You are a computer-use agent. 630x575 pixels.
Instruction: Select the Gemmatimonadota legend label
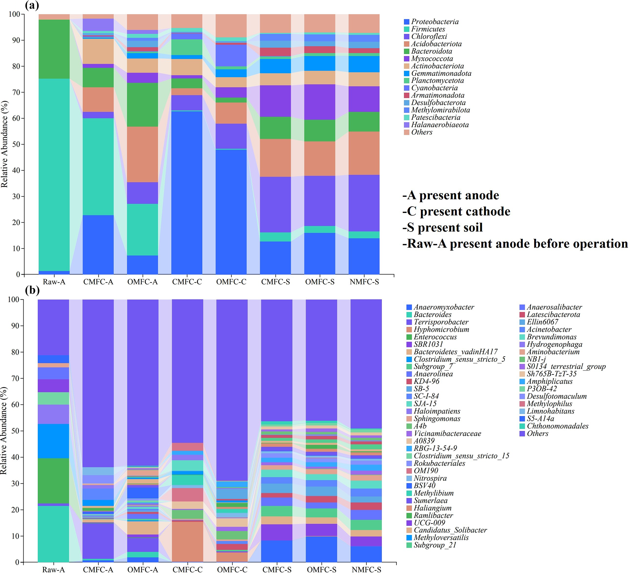coord(441,73)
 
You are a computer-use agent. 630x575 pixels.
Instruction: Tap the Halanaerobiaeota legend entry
coord(440,125)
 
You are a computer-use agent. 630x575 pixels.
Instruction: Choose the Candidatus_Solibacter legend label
coord(450,530)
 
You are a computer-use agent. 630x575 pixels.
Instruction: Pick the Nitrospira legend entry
coord(430,478)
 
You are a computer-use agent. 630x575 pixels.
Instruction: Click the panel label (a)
coord(32,5)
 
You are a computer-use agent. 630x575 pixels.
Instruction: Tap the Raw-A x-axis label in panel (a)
coord(54,282)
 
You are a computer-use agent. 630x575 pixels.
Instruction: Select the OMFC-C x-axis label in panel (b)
coord(232,570)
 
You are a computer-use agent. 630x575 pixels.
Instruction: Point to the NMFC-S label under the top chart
coord(364,282)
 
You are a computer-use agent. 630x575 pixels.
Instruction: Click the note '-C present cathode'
coord(456,211)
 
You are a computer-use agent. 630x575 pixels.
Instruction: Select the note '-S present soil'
coord(443,228)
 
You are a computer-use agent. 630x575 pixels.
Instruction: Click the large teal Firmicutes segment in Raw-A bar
coord(54,175)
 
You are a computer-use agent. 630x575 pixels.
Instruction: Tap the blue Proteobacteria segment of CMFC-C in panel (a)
coord(187,194)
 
